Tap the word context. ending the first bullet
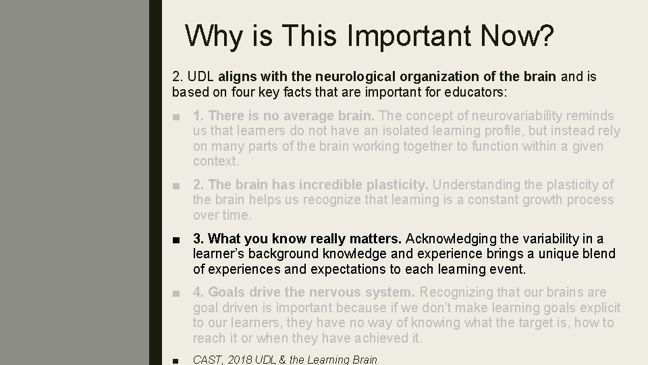pyautogui.click(x=216, y=161)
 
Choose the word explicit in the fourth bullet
pyautogui.click(x=598, y=308)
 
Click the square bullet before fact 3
pyautogui.click(x=176, y=239)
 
